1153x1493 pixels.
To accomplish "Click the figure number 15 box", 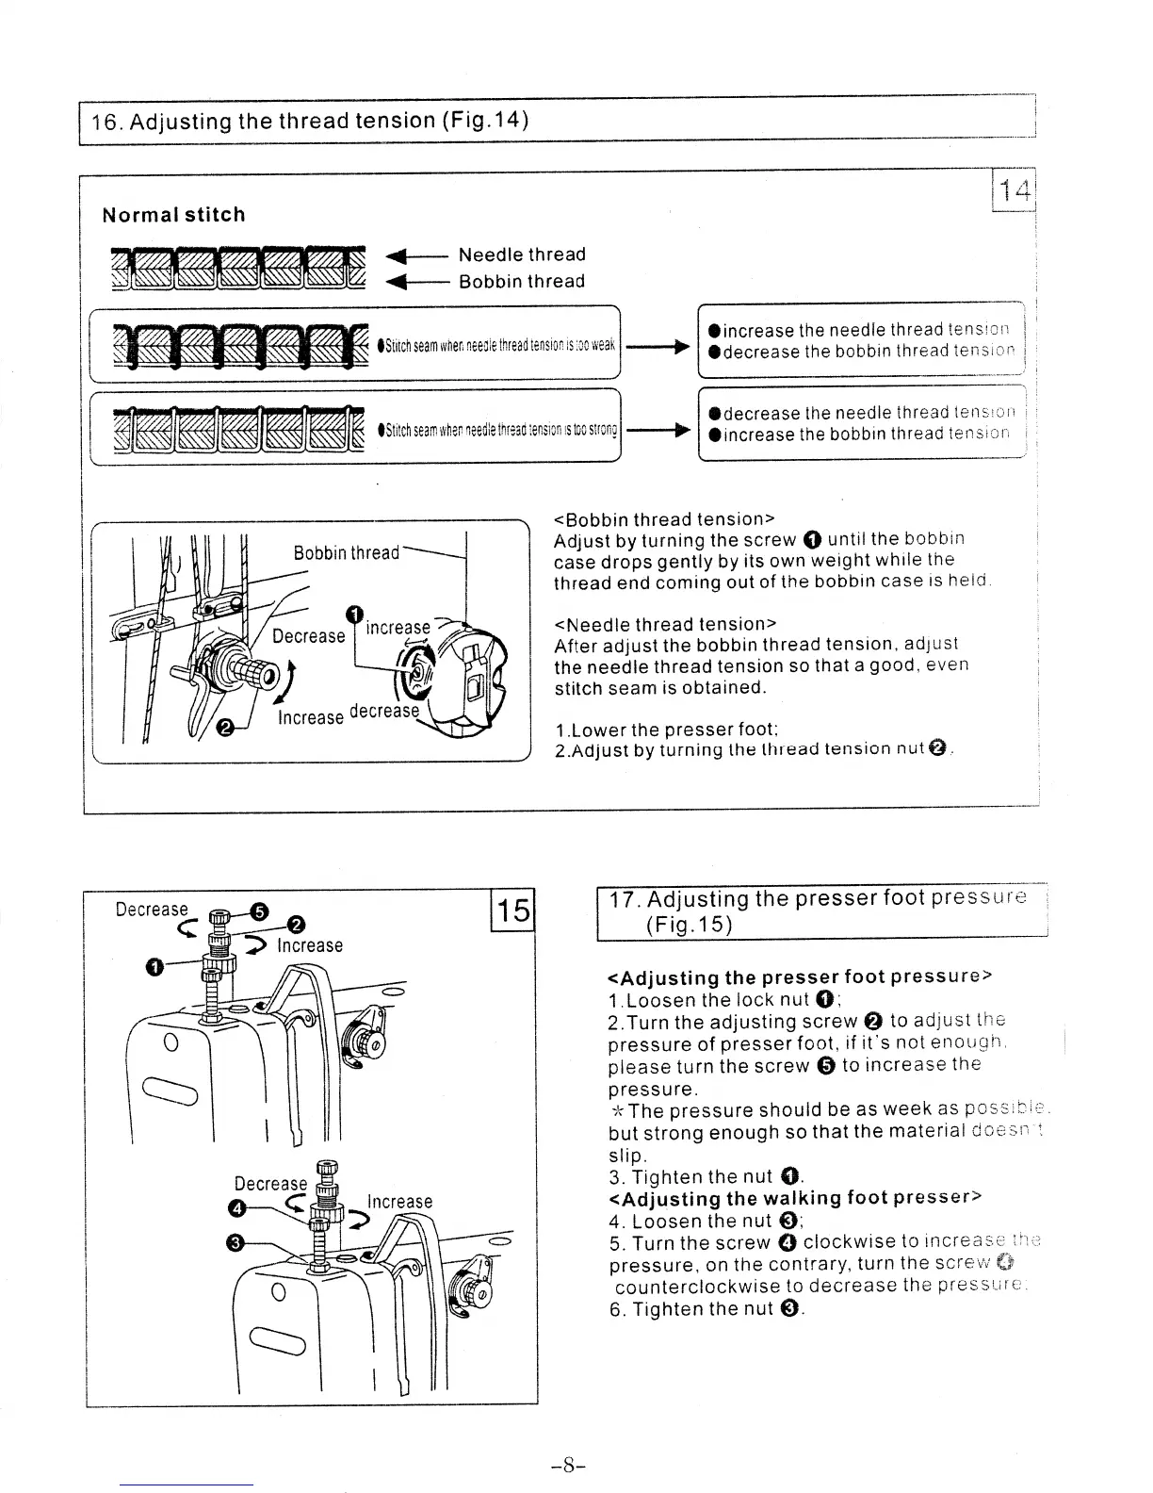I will (x=513, y=911).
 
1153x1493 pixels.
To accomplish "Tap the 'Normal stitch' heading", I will (x=173, y=215).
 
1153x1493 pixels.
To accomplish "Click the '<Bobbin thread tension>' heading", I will (x=664, y=519).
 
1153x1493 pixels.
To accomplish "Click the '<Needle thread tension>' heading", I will (x=665, y=624).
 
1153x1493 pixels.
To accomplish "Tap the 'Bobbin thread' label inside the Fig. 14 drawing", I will (x=346, y=552).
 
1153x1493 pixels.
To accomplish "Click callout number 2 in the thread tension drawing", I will (x=225, y=727).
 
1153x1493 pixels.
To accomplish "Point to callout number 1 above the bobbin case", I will (x=354, y=615).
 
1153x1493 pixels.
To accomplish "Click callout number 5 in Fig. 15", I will (x=260, y=910).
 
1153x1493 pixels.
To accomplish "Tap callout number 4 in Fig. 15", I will (x=238, y=1208).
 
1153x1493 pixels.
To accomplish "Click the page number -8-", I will (x=570, y=1465).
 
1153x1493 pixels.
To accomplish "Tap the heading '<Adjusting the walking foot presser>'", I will (x=796, y=1198).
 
